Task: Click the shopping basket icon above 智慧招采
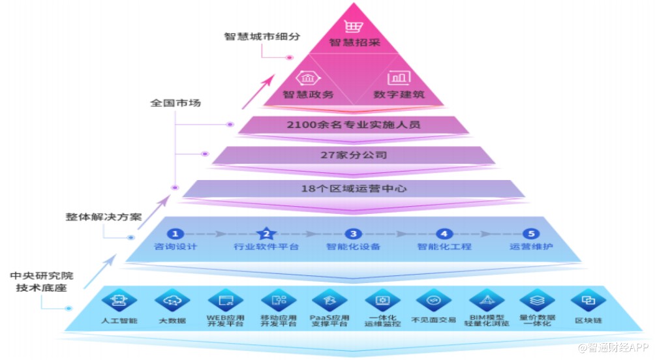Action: [353, 27]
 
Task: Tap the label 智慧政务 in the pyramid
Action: [308, 95]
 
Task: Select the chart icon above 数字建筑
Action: [398, 79]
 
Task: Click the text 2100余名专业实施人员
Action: [352, 125]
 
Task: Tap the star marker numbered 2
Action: [266, 233]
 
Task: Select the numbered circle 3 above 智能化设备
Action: [353, 233]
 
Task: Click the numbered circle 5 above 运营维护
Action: [531, 233]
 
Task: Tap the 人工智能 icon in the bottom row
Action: [119, 301]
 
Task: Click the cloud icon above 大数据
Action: [172, 301]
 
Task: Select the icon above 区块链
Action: [588, 301]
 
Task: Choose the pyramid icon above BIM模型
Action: [485, 301]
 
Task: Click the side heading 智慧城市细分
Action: [262, 37]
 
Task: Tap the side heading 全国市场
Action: [175, 102]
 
